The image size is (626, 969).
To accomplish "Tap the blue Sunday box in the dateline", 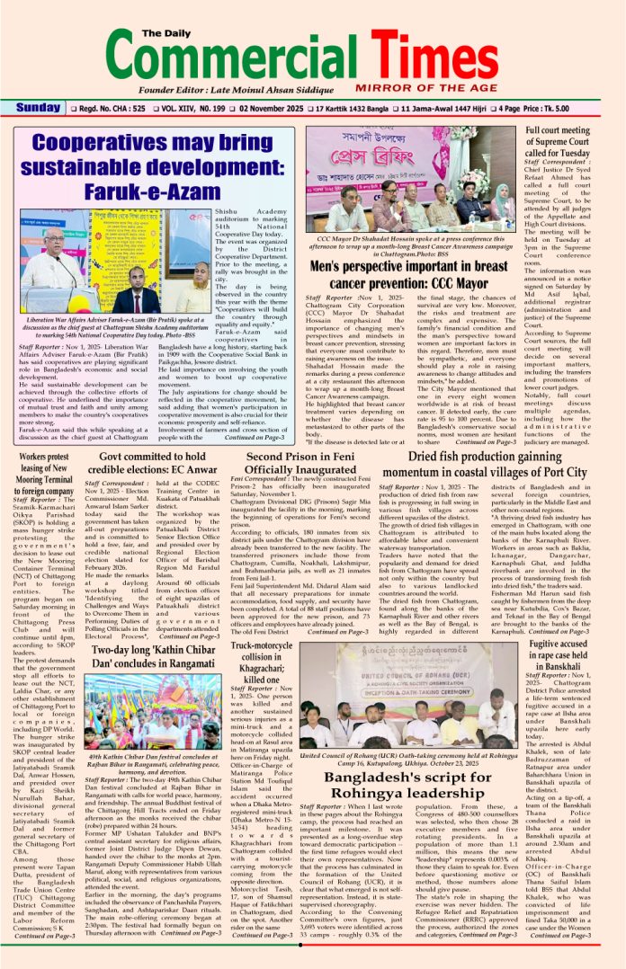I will tap(38, 109).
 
